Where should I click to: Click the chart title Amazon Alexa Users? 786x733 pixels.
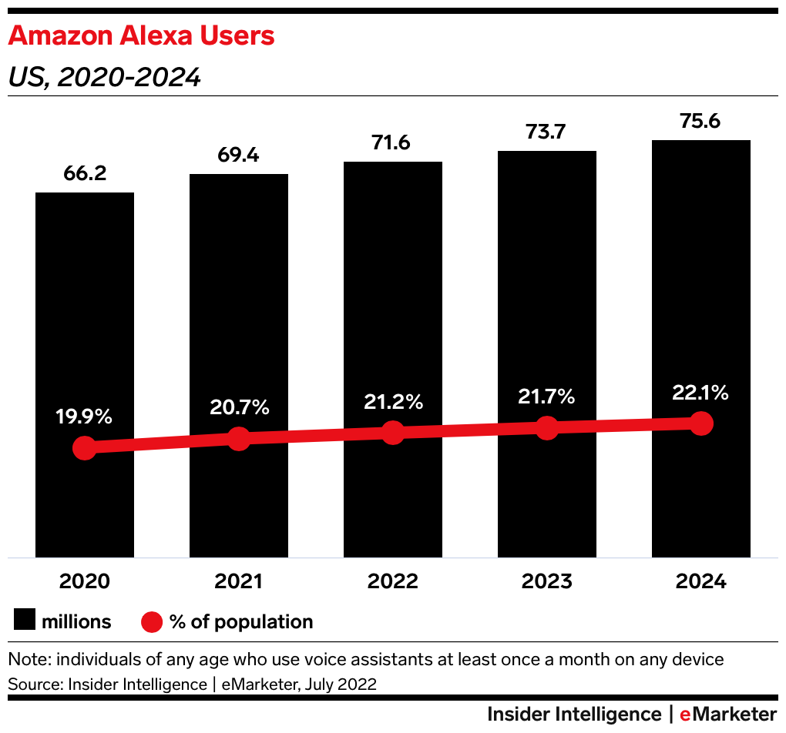[141, 36]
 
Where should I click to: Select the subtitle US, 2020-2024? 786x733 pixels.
[104, 78]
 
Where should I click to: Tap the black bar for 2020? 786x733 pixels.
[85, 323]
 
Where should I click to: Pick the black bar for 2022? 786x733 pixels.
[393, 308]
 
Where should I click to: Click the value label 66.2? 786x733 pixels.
[85, 173]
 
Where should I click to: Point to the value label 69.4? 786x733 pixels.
[239, 155]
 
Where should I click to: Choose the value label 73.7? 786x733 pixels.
[547, 132]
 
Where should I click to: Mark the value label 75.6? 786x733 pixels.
[701, 121]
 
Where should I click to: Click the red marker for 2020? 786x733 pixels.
[85, 448]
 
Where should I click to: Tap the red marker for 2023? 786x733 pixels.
[547, 428]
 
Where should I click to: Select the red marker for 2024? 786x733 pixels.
[701, 423]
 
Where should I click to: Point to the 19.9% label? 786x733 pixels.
[85, 417]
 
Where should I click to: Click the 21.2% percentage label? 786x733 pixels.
[393, 401]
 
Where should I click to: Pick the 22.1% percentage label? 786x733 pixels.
[701, 393]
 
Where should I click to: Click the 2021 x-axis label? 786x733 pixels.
[239, 581]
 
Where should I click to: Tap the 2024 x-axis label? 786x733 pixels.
[701, 581]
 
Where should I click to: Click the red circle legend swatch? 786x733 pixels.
[152, 621]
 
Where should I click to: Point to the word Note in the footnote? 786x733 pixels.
[26, 659]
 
